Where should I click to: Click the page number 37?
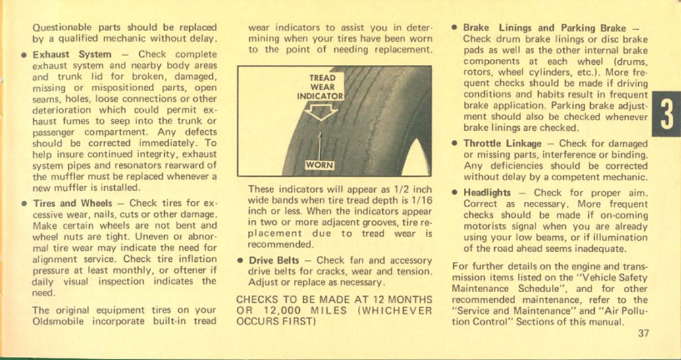click(x=642, y=333)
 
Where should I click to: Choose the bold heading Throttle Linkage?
click(x=502, y=144)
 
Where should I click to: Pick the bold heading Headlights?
click(x=487, y=192)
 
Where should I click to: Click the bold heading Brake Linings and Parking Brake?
click(x=543, y=28)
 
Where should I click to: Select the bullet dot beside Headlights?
click(x=454, y=193)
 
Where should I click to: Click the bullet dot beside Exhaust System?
click(x=23, y=55)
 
